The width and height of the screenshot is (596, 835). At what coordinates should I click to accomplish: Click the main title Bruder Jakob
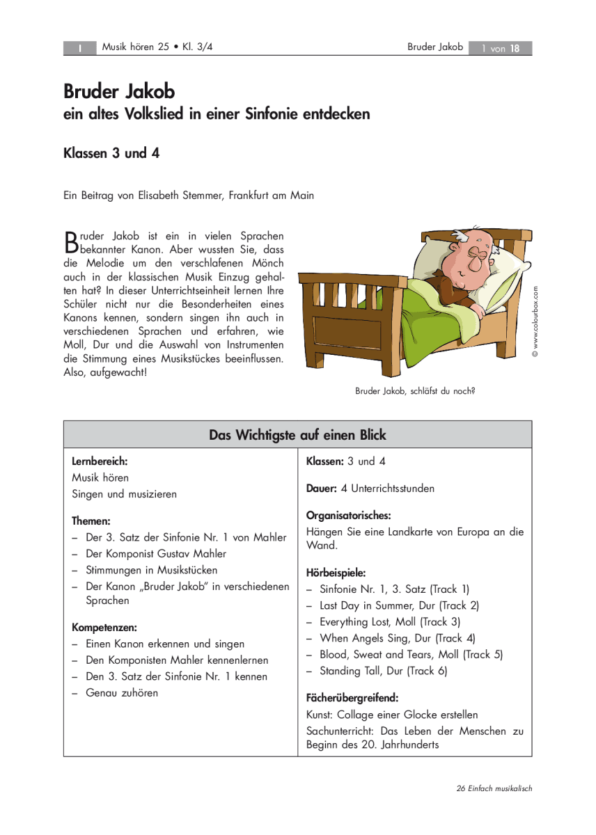119,91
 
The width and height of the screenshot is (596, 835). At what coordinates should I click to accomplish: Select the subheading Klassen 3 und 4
111,154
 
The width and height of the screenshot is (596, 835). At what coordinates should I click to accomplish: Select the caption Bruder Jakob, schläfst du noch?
415,391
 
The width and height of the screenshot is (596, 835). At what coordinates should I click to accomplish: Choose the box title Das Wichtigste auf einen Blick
297,435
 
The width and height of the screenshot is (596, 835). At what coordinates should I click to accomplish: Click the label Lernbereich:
100,461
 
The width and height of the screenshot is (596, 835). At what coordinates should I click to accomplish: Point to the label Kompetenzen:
104,627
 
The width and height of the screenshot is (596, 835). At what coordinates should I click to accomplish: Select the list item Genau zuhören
122,692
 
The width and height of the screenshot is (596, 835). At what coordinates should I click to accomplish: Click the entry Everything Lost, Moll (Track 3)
390,621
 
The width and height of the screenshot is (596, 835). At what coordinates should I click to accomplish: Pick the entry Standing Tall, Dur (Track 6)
384,671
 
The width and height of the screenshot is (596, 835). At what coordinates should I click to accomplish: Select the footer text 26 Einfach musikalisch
494,788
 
